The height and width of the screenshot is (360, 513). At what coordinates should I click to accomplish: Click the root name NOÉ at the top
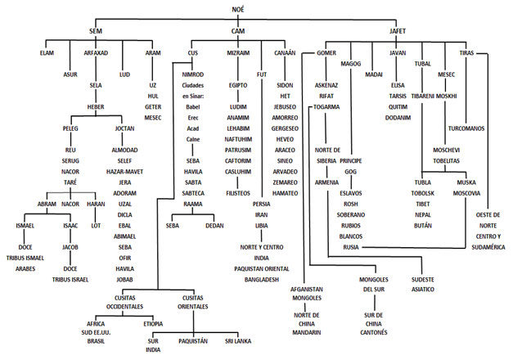[238, 10]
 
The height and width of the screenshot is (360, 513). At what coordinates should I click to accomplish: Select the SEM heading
[96, 31]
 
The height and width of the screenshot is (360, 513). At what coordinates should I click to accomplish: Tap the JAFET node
[398, 31]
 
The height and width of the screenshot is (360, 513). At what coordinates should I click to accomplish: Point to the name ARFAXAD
[96, 52]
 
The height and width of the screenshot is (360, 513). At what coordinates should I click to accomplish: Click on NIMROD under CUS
[193, 74]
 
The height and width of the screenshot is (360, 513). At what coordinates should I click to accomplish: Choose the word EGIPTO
[238, 85]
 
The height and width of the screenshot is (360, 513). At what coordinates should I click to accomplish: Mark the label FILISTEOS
[238, 193]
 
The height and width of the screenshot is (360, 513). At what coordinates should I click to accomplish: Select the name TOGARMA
[326, 107]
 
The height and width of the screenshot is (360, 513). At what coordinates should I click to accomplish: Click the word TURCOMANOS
[466, 128]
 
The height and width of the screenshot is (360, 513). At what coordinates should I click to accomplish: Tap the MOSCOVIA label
[466, 193]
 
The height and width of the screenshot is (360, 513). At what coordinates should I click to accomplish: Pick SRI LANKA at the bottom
[238, 341]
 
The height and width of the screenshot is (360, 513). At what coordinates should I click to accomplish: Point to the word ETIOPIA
[153, 324]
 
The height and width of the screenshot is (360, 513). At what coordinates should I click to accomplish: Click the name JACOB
[70, 247]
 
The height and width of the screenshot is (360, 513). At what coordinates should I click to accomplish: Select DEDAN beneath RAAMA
[214, 226]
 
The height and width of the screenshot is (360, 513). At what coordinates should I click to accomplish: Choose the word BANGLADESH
[261, 280]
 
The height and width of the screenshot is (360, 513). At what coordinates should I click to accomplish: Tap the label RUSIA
[351, 247]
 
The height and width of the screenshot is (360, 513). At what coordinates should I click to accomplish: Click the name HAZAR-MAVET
[124, 172]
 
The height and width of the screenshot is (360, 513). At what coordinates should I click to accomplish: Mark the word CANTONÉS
[374, 332]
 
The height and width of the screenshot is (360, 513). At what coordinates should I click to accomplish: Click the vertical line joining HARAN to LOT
[96, 215]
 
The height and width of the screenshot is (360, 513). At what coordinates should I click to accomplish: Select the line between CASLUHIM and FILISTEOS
[238, 182]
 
